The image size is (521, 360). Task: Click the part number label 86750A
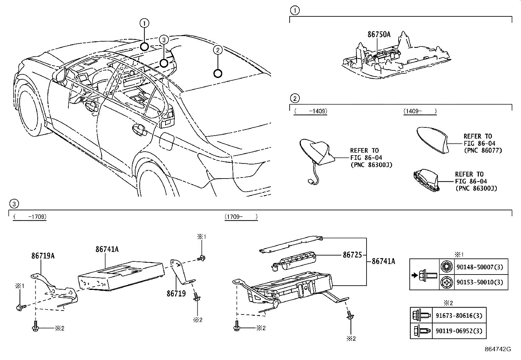pyautogui.click(x=379, y=34)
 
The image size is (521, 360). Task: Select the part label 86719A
pyautogui.click(x=43, y=256)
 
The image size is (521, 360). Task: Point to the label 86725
pyautogui.click(x=351, y=255)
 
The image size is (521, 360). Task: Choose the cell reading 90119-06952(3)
pyautogui.click(x=459, y=331)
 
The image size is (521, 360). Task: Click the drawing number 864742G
pyautogui.click(x=498, y=349)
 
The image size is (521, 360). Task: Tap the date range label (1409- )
pyautogui.click(x=420, y=111)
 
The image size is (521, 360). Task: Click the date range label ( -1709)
pyautogui.click(x=29, y=217)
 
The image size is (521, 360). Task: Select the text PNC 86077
pyautogui.click(x=483, y=150)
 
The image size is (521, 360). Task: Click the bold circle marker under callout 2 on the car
pyautogui.click(x=218, y=74)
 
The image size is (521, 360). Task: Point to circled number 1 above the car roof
pyautogui.click(x=144, y=23)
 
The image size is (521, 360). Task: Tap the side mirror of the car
pyautogui.click(x=61, y=75)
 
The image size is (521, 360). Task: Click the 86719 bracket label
pyautogui.click(x=176, y=294)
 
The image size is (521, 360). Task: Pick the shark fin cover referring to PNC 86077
pyautogui.click(x=434, y=140)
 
